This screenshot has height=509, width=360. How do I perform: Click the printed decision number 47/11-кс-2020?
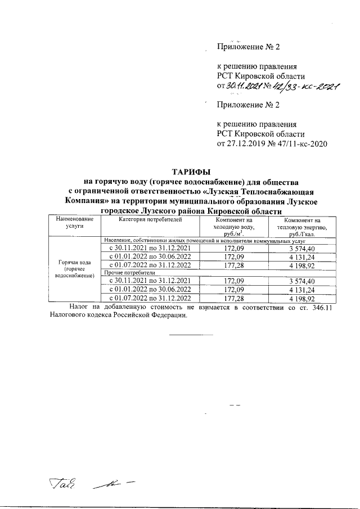299,144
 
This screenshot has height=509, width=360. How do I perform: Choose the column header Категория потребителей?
150,219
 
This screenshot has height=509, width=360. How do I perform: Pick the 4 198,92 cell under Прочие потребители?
303,298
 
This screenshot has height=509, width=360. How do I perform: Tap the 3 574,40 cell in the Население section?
303,248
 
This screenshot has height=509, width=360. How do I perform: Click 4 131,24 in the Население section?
303,256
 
